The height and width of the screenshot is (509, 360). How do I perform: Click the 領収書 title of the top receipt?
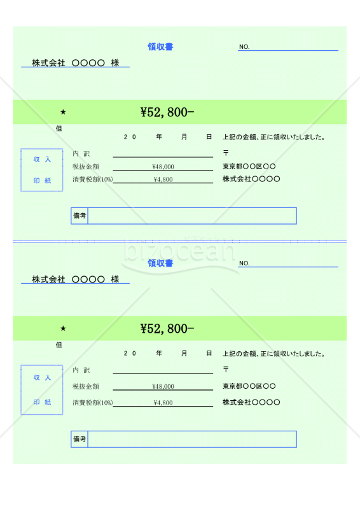pos(160,46)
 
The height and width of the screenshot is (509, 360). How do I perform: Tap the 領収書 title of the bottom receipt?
pos(160,263)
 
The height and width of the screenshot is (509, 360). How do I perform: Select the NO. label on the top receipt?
pos(244,46)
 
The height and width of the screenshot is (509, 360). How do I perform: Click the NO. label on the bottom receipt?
pos(244,263)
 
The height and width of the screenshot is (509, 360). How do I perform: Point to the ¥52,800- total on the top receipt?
pos(167,113)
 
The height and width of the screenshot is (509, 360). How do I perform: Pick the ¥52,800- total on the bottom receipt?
pos(167,328)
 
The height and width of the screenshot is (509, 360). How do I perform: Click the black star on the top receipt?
pos(63,112)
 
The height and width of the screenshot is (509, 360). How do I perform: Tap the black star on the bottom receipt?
pos(63,328)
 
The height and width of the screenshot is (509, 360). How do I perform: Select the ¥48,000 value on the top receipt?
pos(163,167)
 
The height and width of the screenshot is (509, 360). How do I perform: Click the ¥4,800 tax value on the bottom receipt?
pos(163,403)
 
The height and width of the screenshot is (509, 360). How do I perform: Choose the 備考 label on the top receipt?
pos(80,216)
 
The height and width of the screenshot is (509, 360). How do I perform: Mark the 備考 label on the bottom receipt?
pos(80,439)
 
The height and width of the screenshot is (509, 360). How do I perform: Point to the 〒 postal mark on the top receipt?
pos(226,153)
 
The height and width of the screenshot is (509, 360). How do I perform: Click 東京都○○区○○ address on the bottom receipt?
pos(249,386)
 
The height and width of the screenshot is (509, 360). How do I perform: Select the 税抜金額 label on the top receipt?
pos(86,167)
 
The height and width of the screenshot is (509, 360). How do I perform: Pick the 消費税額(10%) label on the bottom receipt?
pos(92,403)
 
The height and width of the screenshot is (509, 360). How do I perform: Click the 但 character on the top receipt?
pos(59,129)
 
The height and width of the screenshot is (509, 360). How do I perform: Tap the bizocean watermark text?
pos(179,251)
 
